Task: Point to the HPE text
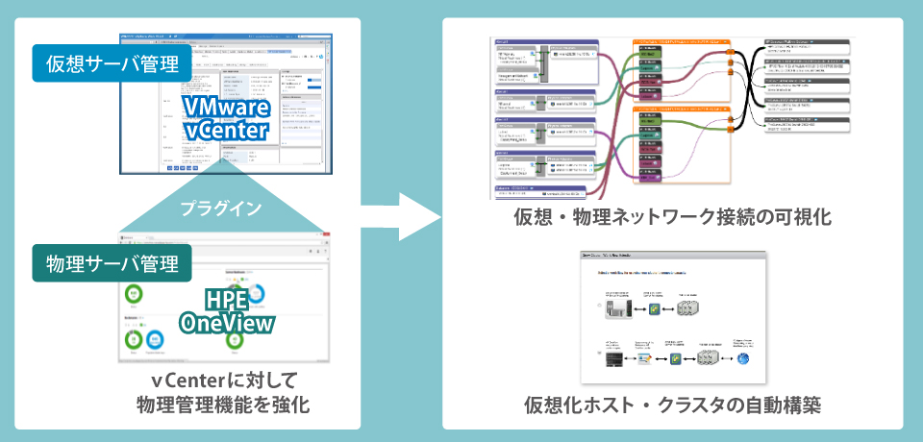(x=227, y=301)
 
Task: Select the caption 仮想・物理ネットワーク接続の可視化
(x=672, y=218)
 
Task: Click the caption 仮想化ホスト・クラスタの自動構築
(x=672, y=405)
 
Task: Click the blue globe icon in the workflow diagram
(x=743, y=359)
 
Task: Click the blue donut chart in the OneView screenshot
(x=256, y=293)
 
